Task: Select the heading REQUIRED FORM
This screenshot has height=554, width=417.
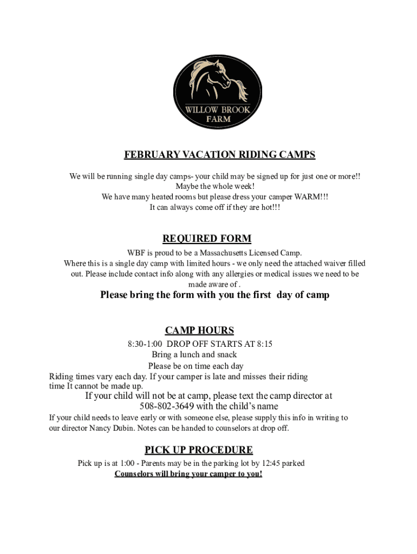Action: point(207,239)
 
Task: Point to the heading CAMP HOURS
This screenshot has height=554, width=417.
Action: point(199,331)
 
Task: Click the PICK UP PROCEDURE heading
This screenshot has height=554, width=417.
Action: point(199,450)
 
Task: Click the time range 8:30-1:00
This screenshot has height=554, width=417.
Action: point(145,344)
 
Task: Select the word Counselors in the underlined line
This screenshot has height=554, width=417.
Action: point(134,474)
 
